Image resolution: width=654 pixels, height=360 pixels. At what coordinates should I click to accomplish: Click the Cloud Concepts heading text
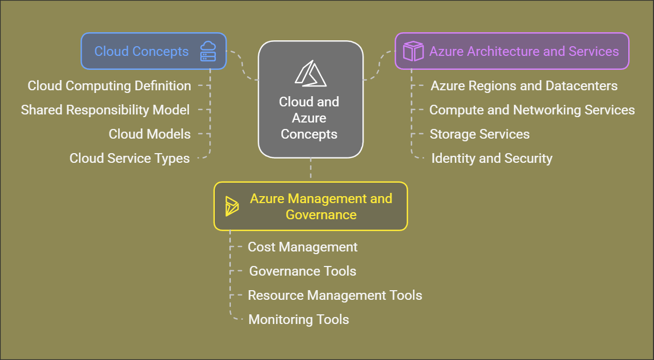[141, 52]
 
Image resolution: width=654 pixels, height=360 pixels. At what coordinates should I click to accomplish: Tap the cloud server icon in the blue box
[208, 52]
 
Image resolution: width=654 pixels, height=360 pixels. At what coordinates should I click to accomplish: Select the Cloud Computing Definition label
[109, 86]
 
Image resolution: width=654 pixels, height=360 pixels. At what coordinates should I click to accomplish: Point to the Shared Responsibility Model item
[105, 110]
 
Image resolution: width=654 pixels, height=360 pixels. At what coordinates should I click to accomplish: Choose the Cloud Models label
[149, 134]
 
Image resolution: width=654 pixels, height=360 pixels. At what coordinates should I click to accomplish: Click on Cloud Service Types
[129, 159]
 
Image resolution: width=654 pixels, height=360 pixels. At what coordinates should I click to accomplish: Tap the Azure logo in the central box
[310, 74]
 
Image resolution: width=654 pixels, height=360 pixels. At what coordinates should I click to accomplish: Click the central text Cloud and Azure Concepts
[309, 118]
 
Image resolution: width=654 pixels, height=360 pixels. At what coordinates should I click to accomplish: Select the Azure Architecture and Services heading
[524, 52]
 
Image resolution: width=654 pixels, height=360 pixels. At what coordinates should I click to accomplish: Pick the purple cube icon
[413, 52]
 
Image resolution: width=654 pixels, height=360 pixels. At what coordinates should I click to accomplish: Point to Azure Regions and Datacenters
[524, 86]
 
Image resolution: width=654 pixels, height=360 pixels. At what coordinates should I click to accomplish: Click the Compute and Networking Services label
[532, 110]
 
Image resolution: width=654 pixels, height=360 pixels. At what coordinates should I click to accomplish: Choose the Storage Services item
[479, 134]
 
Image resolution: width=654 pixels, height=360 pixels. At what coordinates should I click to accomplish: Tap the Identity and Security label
[492, 159]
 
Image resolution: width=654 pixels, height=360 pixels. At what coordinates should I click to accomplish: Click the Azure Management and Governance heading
[321, 206]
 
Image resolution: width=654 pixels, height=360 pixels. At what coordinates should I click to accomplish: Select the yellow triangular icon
[231, 206]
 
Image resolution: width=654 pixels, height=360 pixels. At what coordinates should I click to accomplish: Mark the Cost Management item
[302, 247]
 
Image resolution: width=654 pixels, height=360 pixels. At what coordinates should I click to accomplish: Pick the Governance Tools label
[302, 271]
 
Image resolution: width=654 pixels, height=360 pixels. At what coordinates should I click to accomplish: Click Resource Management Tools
[335, 296]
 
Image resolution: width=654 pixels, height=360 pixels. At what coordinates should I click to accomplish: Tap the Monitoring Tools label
[299, 320]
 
